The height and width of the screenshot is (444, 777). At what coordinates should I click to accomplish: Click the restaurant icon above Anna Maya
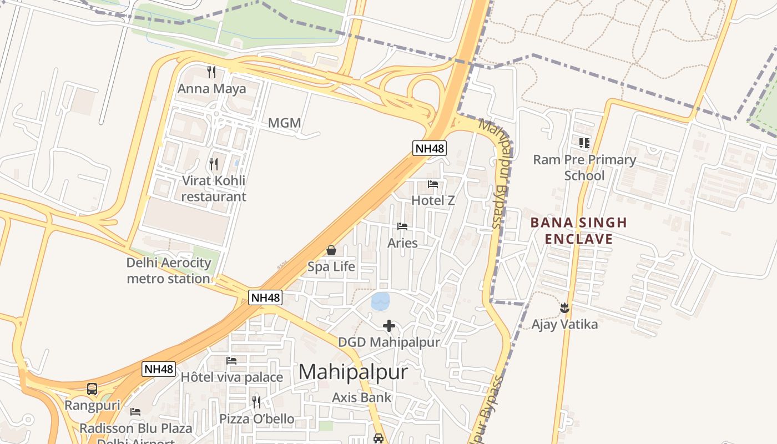tap(211, 72)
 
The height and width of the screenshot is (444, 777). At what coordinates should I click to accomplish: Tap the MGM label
tap(284, 123)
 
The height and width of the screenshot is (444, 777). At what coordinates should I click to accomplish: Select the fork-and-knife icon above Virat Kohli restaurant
tap(214, 164)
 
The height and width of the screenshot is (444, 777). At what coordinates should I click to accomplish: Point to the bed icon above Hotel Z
tap(433, 184)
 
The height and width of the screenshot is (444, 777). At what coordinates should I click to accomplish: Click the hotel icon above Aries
tap(402, 226)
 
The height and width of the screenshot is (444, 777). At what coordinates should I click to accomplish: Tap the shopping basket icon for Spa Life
tap(331, 250)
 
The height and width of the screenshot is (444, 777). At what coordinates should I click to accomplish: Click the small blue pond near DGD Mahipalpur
tap(380, 301)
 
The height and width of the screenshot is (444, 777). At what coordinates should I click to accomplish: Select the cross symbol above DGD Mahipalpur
tap(389, 326)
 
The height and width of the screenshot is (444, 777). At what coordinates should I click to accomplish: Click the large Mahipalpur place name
tap(353, 372)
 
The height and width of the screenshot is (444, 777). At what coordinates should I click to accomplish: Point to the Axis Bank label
tap(361, 397)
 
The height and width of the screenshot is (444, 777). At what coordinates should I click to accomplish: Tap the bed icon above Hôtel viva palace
tap(231, 361)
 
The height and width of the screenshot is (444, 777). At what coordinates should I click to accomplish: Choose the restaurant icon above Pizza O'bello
tap(256, 401)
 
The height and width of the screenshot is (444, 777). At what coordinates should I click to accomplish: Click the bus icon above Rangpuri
tap(92, 389)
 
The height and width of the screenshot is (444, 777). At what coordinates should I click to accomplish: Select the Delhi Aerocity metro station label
tap(169, 270)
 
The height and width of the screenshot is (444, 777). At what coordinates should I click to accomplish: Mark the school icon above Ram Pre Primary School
tap(584, 143)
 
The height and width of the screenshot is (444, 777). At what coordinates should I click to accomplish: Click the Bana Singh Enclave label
tap(579, 231)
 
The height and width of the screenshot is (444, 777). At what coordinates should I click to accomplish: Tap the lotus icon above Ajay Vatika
tap(564, 307)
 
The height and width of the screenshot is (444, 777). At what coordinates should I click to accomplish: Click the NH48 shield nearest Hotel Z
tap(430, 148)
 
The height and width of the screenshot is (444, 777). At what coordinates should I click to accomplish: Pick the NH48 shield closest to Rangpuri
tap(159, 369)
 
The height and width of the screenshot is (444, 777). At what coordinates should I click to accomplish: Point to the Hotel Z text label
tap(433, 200)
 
